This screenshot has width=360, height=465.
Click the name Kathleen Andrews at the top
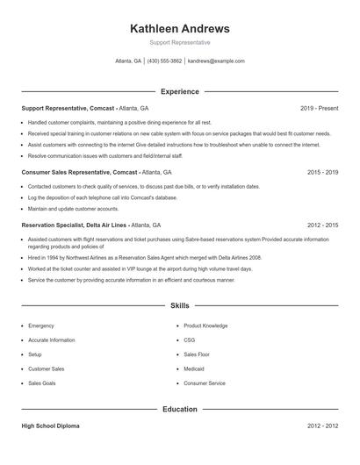tap(180, 28)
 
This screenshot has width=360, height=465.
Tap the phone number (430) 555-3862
tap(164, 61)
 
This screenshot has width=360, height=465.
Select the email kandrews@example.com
tap(216, 61)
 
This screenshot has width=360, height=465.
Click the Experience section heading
tap(180, 91)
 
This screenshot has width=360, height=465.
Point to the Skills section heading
tap(180, 306)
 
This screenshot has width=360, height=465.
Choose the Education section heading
tap(180, 409)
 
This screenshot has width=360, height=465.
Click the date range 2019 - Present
tap(319, 108)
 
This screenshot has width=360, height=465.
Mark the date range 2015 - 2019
tap(322, 173)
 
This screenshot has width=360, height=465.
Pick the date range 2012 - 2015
tap(322, 225)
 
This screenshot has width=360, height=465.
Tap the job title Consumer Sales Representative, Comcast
tap(80, 173)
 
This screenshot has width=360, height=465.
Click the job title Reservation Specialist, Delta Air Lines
tap(74, 225)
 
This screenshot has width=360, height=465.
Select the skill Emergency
tap(41, 325)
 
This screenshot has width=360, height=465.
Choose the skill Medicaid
tap(195, 369)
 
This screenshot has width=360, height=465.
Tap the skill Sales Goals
tap(42, 383)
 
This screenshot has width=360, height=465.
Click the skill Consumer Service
tap(205, 383)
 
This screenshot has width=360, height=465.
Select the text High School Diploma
tap(51, 426)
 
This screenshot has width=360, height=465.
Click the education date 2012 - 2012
tap(322, 426)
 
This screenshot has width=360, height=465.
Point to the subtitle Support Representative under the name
tap(180, 42)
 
